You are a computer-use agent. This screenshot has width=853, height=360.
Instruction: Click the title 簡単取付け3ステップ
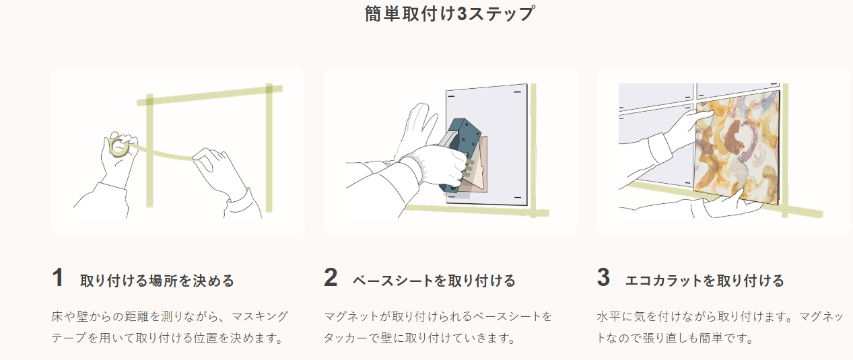[x=450, y=13]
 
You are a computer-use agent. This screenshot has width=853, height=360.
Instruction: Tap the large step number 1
[x=58, y=277]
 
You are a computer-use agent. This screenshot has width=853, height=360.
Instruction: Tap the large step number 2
[x=331, y=277]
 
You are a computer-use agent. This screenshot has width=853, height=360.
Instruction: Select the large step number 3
[x=604, y=277]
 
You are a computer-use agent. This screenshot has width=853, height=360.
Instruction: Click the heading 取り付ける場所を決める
[x=157, y=281]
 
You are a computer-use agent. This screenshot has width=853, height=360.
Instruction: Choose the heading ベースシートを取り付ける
[x=434, y=281]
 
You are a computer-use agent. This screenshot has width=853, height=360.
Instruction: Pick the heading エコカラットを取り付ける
[x=704, y=281]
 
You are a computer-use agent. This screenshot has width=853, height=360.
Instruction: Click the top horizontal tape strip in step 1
[x=210, y=95]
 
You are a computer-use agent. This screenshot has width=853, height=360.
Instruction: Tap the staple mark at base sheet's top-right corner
[x=518, y=92]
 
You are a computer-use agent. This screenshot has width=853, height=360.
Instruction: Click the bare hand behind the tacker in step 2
[x=417, y=129]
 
